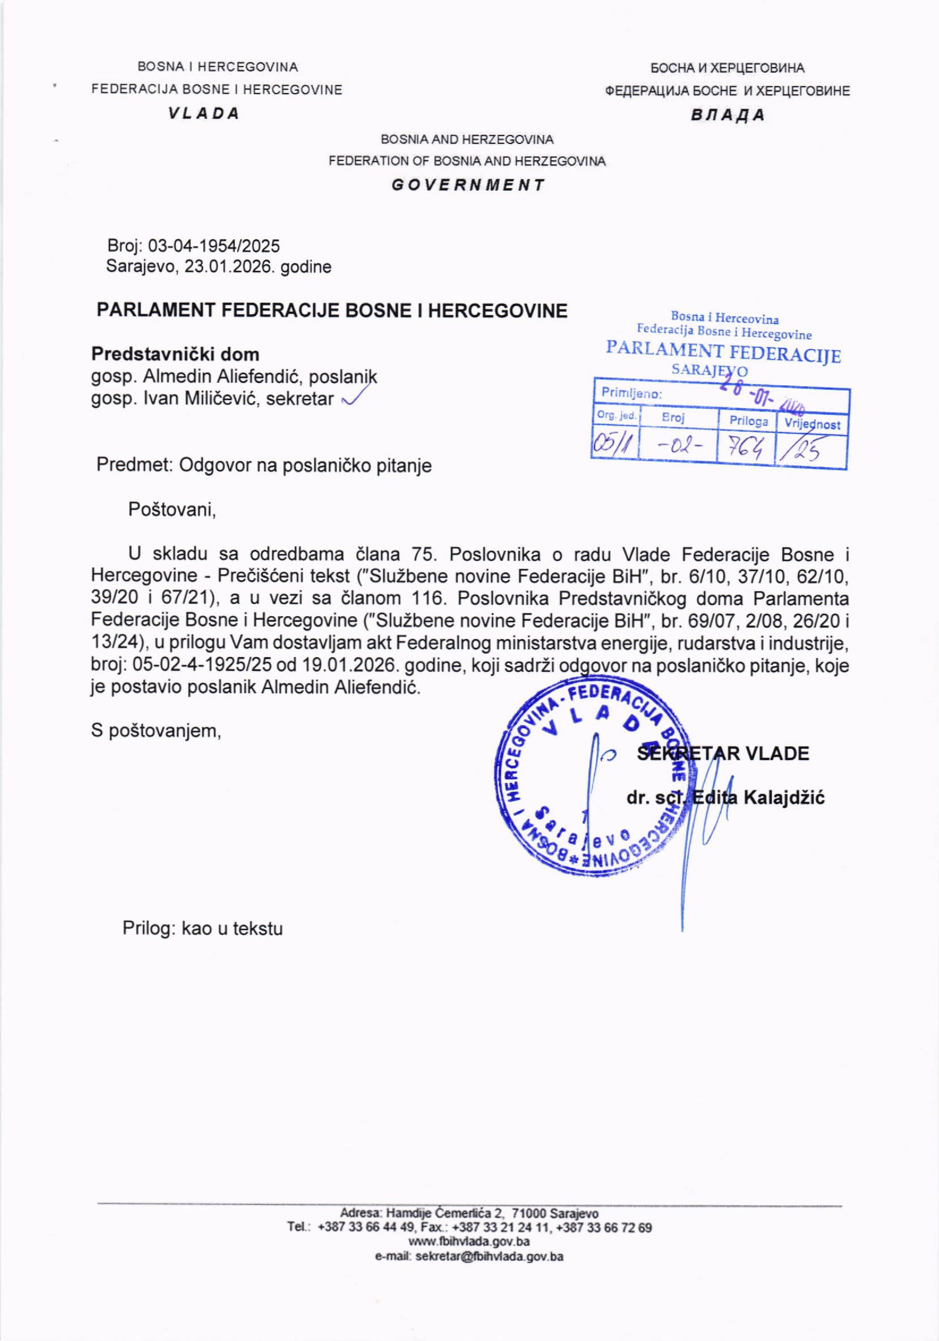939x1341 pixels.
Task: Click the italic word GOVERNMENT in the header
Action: pos(468,185)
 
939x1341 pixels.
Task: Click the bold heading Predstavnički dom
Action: pos(175,355)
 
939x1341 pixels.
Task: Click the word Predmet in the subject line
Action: pos(134,465)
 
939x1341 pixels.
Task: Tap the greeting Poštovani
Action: pos(172,510)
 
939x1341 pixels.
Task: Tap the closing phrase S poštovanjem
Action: pos(156,730)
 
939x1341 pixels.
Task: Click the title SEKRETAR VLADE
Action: pos(723,754)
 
